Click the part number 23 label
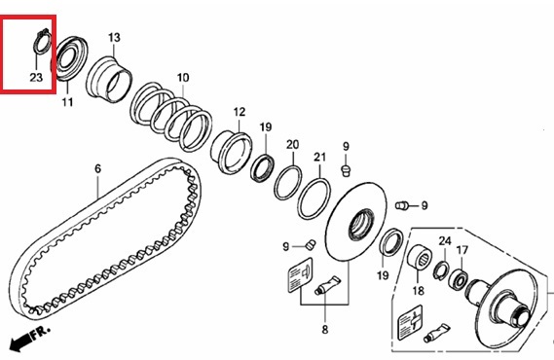coord(36,77)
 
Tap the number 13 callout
coord(114,38)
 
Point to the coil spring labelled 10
coord(171,117)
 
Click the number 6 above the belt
coord(98,168)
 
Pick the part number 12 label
coord(240,112)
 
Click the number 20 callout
coord(292,145)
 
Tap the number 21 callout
coord(319,157)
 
